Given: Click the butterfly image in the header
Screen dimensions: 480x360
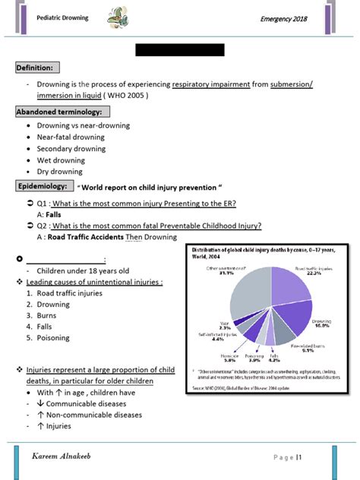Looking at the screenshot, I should [x=121, y=17].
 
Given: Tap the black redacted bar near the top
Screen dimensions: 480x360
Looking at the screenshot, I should [x=179, y=50].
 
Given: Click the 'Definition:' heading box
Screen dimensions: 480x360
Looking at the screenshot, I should [x=35, y=68].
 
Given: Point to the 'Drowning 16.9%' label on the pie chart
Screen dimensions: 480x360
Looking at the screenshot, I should [x=324, y=324].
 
